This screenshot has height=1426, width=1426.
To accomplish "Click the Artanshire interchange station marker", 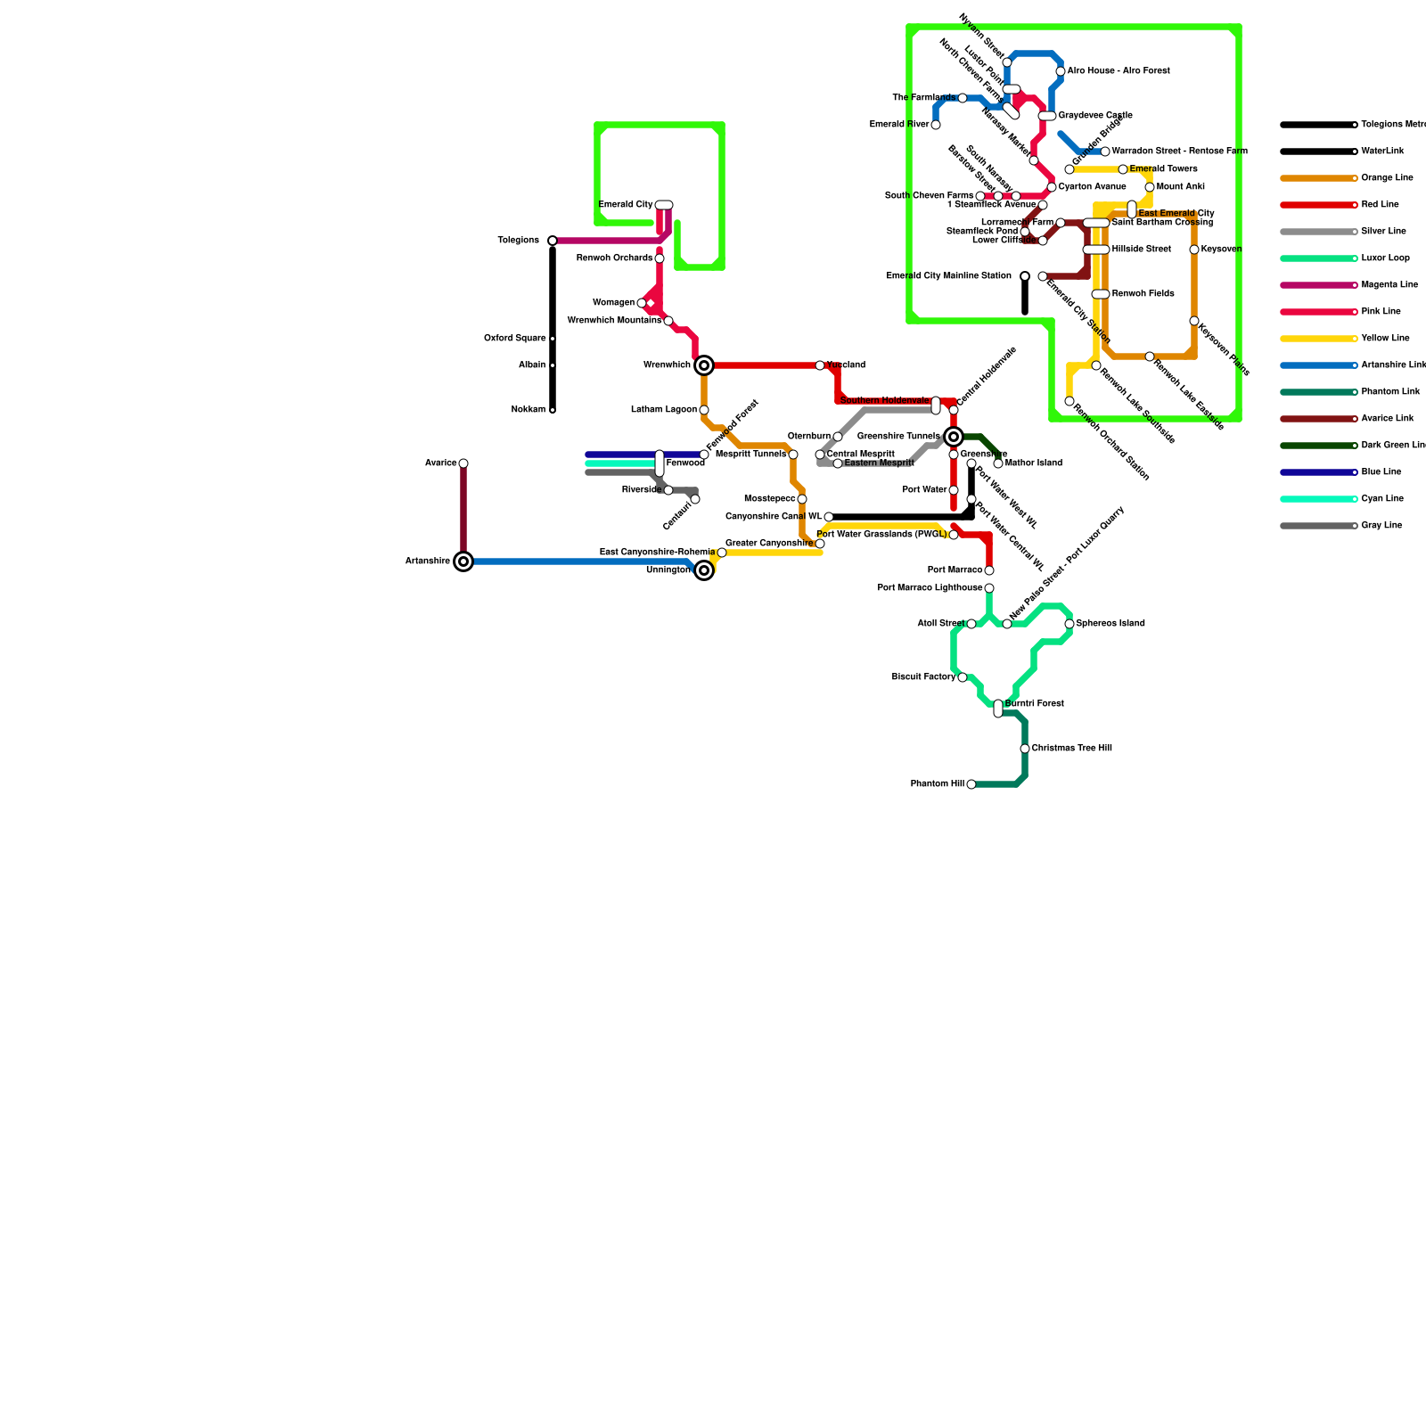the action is point(463,561).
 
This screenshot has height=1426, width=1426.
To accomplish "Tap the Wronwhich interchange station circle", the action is point(704,365).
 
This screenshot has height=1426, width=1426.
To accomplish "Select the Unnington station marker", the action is point(704,570).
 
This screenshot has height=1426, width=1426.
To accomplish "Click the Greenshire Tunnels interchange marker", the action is point(954,437).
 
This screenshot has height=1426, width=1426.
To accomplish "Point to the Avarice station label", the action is point(440,463).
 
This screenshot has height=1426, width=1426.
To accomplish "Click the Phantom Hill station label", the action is point(937,784).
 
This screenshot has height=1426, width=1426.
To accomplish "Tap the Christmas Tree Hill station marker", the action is point(1025,749).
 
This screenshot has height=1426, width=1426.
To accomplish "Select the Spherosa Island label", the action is point(1110,624).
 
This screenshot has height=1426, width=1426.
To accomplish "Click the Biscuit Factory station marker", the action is point(963,677).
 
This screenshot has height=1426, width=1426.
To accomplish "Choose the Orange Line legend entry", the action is point(1387,178).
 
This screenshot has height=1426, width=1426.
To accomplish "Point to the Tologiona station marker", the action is point(553,241).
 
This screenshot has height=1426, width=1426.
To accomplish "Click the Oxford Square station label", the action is point(514,339).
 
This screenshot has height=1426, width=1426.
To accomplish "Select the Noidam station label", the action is point(528,410).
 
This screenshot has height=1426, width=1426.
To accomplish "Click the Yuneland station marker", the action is point(820,365).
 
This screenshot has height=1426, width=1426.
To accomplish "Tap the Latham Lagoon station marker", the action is point(704,410).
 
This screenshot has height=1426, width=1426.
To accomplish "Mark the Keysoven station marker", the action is point(1194,250).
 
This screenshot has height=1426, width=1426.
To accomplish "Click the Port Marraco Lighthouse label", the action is point(930,588).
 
